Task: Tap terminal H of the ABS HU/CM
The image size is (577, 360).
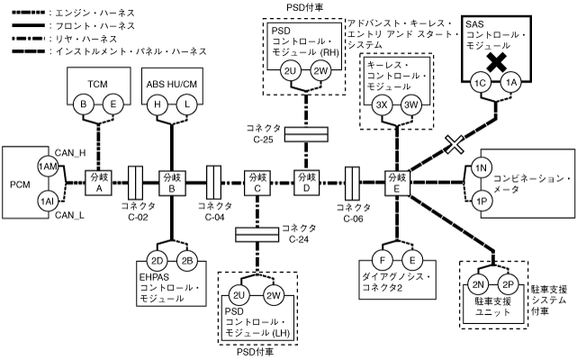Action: [x=158, y=104]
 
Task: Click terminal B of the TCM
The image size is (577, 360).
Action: [x=85, y=104]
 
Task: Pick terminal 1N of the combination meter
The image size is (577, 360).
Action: [x=480, y=167]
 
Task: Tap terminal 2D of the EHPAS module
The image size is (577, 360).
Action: [x=158, y=261]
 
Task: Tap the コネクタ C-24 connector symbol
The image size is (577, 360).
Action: [x=257, y=234]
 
